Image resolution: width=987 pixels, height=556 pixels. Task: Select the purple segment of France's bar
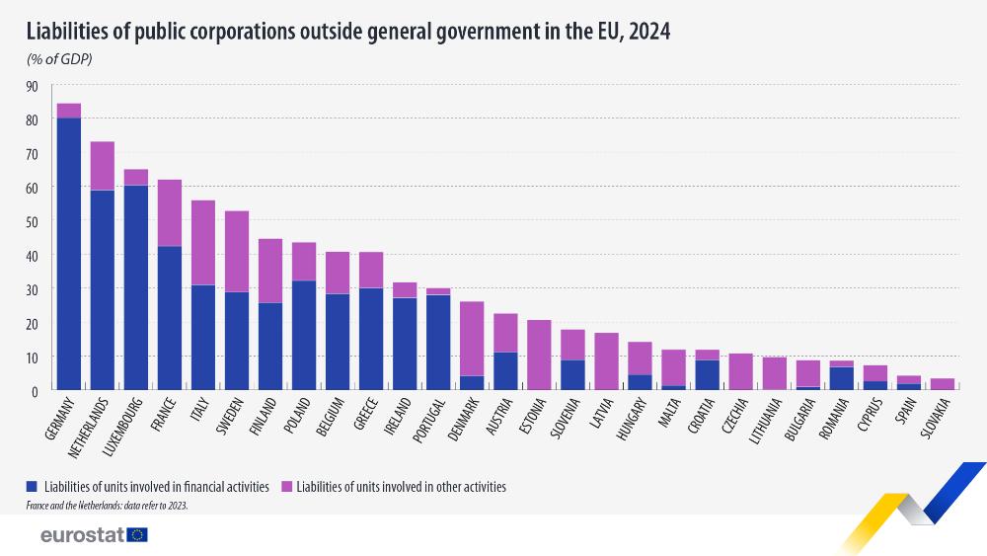pyautogui.click(x=170, y=212)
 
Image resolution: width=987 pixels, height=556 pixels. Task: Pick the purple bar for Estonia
pyautogui.click(x=539, y=355)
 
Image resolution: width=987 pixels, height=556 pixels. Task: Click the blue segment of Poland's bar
pyautogui.click(x=304, y=335)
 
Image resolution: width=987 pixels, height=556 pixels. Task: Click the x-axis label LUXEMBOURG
pyautogui.click(x=123, y=425)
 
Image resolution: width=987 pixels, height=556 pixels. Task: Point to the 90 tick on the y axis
pyautogui.click(x=32, y=86)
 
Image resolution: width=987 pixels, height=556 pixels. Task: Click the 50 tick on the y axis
pyautogui.click(x=32, y=221)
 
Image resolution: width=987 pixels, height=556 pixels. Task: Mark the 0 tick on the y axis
pyautogui.click(x=35, y=390)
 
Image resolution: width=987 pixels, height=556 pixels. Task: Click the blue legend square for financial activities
pyautogui.click(x=33, y=487)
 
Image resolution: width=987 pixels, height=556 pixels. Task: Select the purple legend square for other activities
pyautogui.click(x=287, y=487)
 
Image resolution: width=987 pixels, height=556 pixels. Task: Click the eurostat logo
pyautogui.click(x=94, y=534)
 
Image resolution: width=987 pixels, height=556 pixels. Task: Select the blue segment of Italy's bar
pyautogui.click(x=203, y=337)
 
